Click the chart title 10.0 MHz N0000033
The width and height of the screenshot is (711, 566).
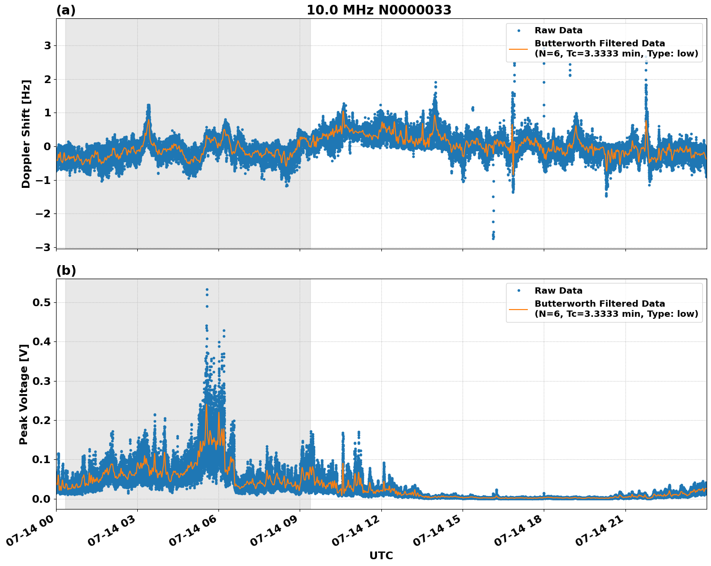click(x=378, y=10)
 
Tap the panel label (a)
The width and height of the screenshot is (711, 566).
click(x=66, y=10)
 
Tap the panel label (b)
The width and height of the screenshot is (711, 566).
click(x=66, y=270)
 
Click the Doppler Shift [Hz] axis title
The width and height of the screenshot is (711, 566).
click(x=26, y=134)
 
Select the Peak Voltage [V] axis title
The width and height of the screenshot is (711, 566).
click(x=24, y=394)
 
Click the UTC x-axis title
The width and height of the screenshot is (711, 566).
click(x=381, y=555)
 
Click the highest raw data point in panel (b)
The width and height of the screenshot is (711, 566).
click(x=207, y=289)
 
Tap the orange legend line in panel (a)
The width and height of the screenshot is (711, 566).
click(x=519, y=49)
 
